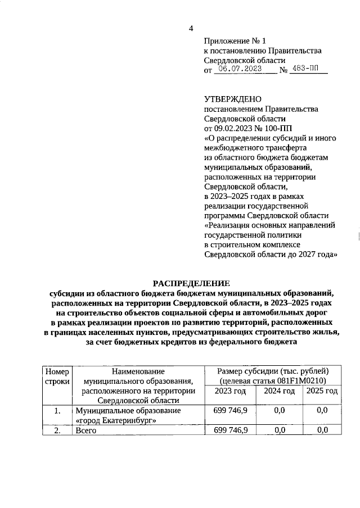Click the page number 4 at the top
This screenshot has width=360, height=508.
[191, 29]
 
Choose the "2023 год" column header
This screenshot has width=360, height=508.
[230, 391]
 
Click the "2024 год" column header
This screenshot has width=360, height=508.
[279, 391]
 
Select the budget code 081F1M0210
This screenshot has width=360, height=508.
[305, 381]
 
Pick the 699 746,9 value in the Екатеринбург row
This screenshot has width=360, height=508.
[230, 411]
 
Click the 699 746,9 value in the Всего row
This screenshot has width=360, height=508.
[230, 430]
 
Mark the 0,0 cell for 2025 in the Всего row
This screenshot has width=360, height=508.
[322, 430]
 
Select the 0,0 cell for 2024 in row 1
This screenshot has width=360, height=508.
[279, 411]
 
